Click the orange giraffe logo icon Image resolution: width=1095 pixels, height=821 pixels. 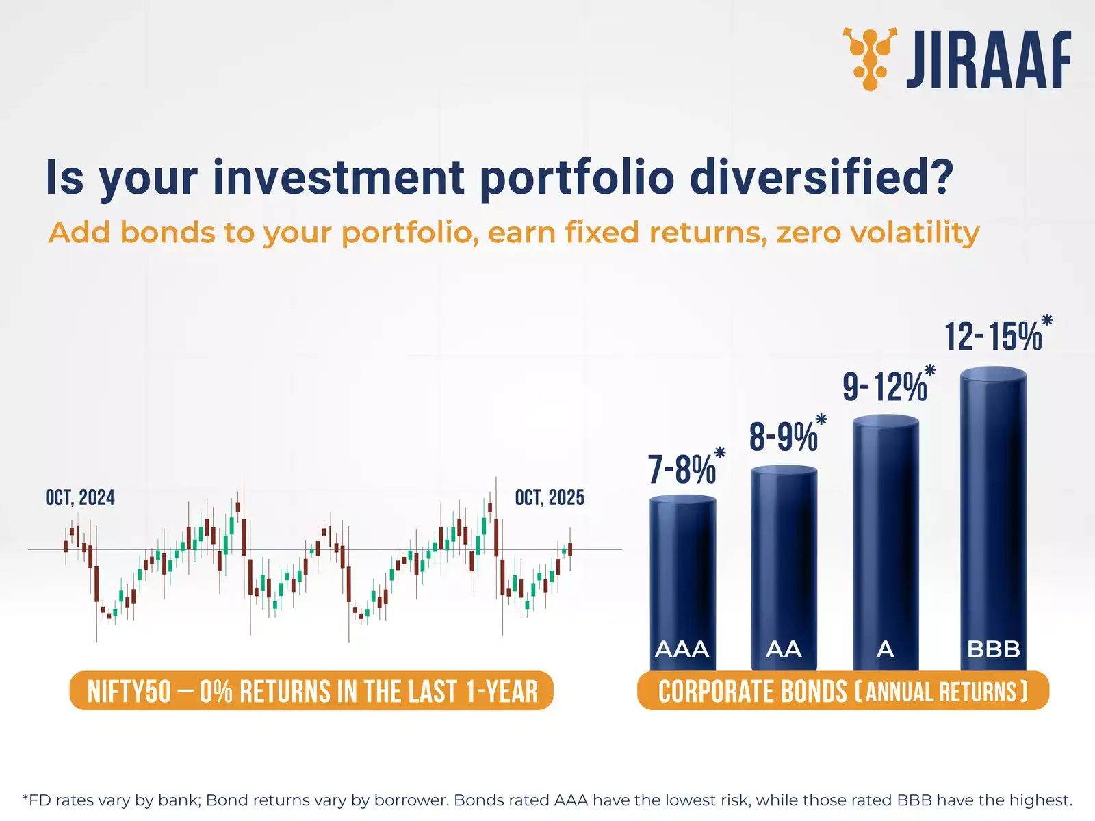pyautogui.click(x=870, y=59)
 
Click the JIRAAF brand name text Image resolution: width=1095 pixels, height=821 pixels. pyautogui.click(x=989, y=60)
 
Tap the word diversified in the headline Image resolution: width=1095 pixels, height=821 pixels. pyautogui.click(x=822, y=177)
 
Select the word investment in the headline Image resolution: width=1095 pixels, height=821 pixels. pyautogui.click(x=339, y=177)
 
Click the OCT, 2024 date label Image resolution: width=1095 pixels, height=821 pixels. pyautogui.click(x=80, y=497)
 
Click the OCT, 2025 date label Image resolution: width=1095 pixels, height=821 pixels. pyautogui.click(x=550, y=497)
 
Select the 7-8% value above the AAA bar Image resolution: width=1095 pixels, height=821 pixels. pyautogui.click(x=682, y=469)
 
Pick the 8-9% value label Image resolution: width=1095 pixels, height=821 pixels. pyautogui.click(x=783, y=437)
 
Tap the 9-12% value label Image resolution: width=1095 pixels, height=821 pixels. pyautogui.click(x=884, y=387)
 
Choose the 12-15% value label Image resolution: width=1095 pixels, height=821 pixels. pyautogui.click(x=993, y=336)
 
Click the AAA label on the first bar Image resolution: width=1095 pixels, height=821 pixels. pyautogui.click(x=682, y=649)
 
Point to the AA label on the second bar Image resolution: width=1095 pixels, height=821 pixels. pyautogui.click(x=784, y=649)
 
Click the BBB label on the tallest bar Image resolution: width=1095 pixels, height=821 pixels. pyautogui.click(x=994, y=649)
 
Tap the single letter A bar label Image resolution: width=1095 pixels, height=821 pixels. pyautogui.click(x=886, y=649)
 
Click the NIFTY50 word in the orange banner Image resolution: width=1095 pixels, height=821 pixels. pyautogui.click(x=129, y=692)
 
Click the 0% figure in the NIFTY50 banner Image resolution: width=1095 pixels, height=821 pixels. pyautogui.click(x=216, y=692)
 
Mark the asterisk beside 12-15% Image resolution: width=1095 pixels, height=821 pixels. pyautogui.click(x=1047, y=320)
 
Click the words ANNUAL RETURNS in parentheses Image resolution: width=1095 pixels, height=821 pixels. pyautogui.click(x=941, y=692)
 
